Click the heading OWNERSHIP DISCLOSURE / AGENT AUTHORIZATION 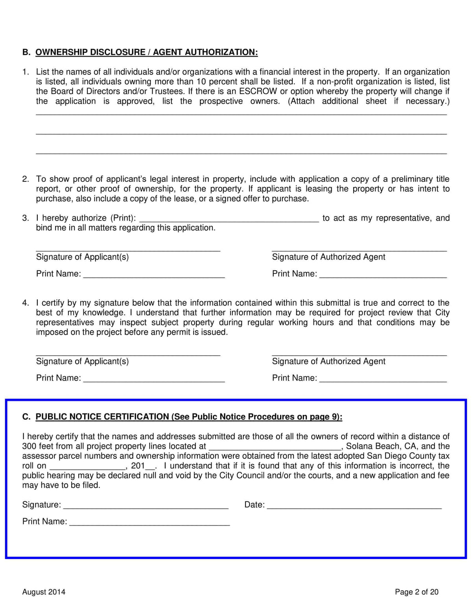click(x=146, y=52)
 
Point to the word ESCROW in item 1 click(x=258, y=91)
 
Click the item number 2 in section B click(x=26, y=179)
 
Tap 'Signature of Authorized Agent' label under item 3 click(x=328, y=257)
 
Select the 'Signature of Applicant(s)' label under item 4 click(x=82, y=361)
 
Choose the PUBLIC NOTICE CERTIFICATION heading click(x=102, y=417)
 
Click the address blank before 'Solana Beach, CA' click(x=275, y=447)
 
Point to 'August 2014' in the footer click(x=44, y=592)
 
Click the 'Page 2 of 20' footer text click(x=417, y=592)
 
